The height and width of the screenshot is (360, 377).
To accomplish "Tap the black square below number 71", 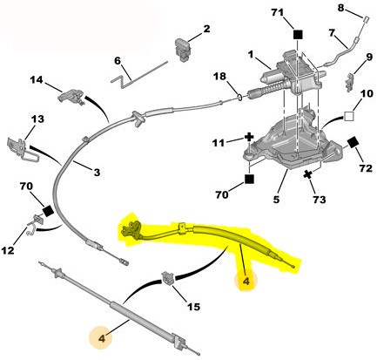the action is pyautogui.click(x=298, y=35).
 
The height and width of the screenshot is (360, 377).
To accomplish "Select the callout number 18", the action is pyautogui.click(x=219, y=77).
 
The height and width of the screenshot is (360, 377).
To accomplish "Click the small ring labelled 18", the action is pyautogui.click(x=240, y=98).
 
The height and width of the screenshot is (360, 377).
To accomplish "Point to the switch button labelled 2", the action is pyautogui.click(x=183, y=50).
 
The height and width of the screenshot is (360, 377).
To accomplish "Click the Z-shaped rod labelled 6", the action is pyautogui.click(x=139, y=74).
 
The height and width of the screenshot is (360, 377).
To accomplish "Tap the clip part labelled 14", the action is pyautogui.click(x=71, y=96).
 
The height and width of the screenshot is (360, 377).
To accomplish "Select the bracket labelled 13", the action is pyautogui.click(x=22, y=148).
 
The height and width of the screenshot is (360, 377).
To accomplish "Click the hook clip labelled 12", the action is pyautogui.click(x=35, y=224).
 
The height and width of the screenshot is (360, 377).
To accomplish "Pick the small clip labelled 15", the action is pyautogui.click(x=168, y=277).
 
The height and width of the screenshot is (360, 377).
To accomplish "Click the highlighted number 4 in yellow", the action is pyautogui.click(x=246, y=282).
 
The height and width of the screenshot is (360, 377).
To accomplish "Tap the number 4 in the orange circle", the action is pyautogui.click(x=101, y=338).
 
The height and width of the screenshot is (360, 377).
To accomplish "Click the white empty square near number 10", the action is pyautogui.click(x=349, y=116).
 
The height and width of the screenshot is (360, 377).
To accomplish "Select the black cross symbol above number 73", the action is pyautogui.click(x=308, y=174).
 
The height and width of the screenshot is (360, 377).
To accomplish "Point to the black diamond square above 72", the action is pyautogui.click(x=353, y=143).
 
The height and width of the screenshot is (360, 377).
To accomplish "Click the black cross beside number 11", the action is pyautogui.click(x=249, y=137).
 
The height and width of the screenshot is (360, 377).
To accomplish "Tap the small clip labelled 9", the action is pyautogui.click(x=350, y=82).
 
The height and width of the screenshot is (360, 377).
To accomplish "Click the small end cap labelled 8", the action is pyautogui.click(x=366, y=19).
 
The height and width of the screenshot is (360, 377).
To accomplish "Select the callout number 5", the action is pyautogui.click(x=276, y=200).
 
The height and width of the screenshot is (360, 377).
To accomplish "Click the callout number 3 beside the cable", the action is pyautogui.click(x=97, y=173).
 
